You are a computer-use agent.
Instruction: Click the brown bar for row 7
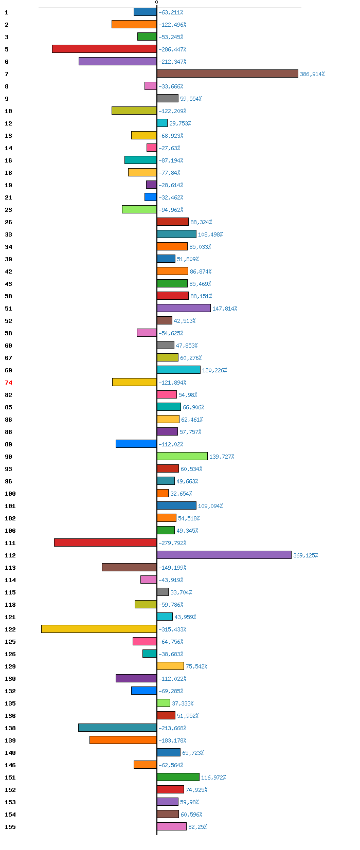click(227, 74)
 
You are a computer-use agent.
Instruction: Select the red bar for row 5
click(104, 49)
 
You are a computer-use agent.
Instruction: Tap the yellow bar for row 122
click(99, 629)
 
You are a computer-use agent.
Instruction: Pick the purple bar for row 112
click(224, 555)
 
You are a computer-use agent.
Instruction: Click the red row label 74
click(9, 383)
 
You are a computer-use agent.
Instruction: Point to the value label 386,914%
click(312, 74)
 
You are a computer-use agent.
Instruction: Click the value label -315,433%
click(172, 629)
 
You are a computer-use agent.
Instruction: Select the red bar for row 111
click(105, 542)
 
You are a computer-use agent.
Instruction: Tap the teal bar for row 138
click(117, 728)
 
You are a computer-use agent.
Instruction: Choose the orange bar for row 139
click(123, 740)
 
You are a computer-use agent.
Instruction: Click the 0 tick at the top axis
click(157, 3)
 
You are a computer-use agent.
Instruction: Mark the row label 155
click(10, 827)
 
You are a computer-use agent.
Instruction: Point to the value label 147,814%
click(225, 309)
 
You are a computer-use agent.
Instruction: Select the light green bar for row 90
click(182, 456)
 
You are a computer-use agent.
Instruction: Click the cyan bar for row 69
click(178, 370)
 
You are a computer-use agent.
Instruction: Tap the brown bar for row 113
click(129, 567)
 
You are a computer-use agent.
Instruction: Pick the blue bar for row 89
click(136, 444)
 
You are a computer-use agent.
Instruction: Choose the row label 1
click(7, 12)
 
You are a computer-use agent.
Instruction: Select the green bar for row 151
click(178, 777)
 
